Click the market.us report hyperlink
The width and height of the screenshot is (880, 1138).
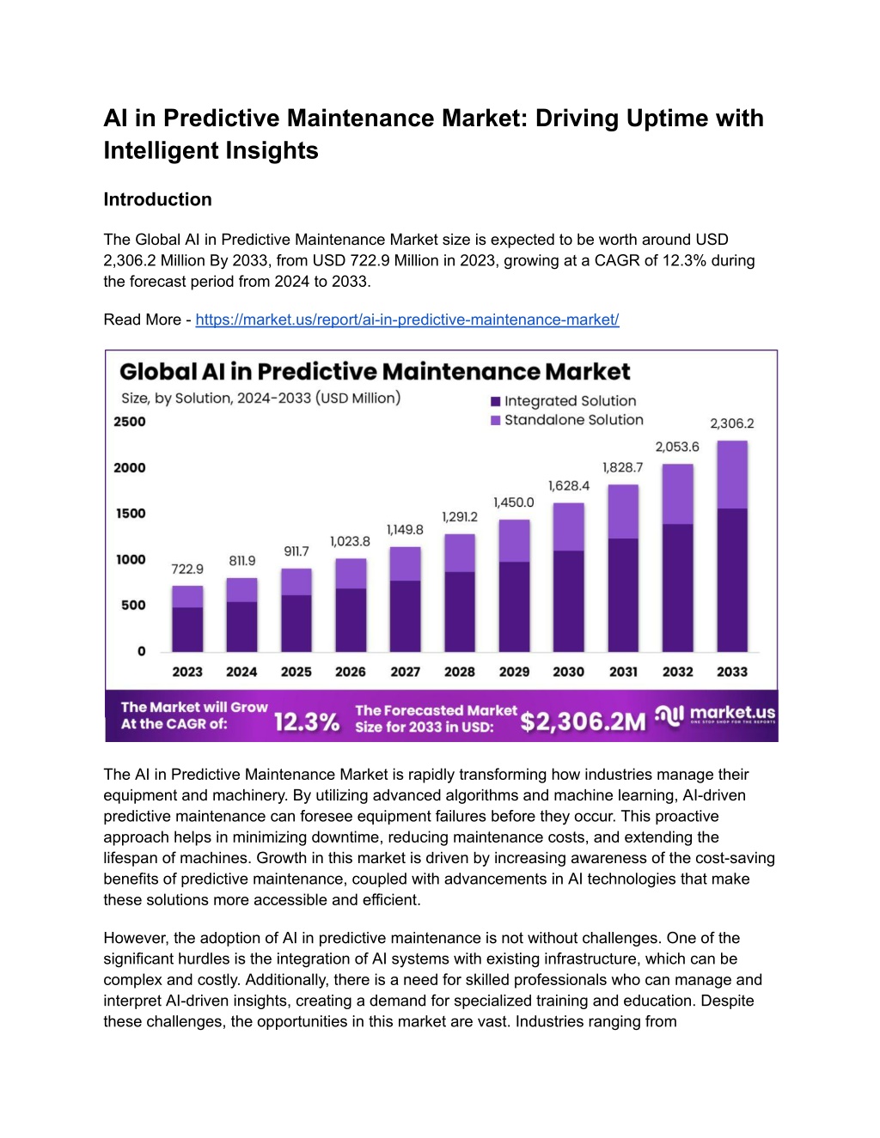pos(407,319)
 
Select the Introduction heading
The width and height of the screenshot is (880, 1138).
pos(157,199)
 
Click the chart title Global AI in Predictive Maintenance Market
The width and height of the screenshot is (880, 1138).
pos(375,371)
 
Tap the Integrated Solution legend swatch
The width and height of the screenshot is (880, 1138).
pos(495,402)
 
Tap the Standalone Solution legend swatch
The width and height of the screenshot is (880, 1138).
pos(495,420)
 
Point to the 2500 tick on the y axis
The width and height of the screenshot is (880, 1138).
pos(130,422)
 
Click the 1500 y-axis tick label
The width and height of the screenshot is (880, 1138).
pos(131,514)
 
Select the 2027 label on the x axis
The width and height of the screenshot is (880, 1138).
pos(405,672)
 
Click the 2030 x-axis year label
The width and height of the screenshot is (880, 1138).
pos(568,672)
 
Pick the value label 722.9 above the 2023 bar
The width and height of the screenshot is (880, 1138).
pos(187,569)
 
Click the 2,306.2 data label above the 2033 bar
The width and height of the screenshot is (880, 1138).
pos(732,423)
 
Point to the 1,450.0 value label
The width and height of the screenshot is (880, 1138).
pos(513,502)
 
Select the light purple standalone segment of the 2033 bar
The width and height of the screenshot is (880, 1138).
pos(732,474)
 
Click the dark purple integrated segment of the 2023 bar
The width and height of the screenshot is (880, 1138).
pos(187,630)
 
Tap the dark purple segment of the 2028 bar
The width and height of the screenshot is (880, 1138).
pos(460,612)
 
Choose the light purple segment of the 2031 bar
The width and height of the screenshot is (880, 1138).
pos(623,512)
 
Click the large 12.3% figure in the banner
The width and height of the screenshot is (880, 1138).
pos(307,722)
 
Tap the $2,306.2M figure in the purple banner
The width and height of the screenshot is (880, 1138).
pos(583,722)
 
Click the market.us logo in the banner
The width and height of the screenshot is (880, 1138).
pos(716,715)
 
